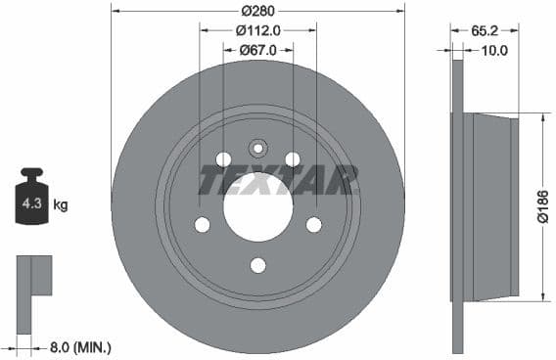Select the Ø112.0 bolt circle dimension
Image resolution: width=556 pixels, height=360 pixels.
point(258,30)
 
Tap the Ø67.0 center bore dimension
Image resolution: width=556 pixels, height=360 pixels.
point(258,51)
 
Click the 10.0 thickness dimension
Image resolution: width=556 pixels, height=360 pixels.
point(494,51)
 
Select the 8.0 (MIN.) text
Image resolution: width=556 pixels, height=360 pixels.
point(80,346)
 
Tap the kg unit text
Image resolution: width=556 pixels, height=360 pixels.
point(61,205)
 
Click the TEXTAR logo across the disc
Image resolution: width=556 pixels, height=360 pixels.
point(278,180)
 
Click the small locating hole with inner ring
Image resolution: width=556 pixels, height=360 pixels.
point(258,149)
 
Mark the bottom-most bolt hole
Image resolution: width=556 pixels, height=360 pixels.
point(258,265)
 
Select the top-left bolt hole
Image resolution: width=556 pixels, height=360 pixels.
point(223,159)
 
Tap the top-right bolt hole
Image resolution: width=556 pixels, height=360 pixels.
point(292,159)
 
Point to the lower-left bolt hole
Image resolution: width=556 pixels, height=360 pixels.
point(203,225)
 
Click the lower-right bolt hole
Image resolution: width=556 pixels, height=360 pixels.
point(313,225)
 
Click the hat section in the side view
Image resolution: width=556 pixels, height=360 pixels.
point(492,206)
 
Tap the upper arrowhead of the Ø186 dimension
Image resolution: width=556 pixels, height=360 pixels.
point(541,118)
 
